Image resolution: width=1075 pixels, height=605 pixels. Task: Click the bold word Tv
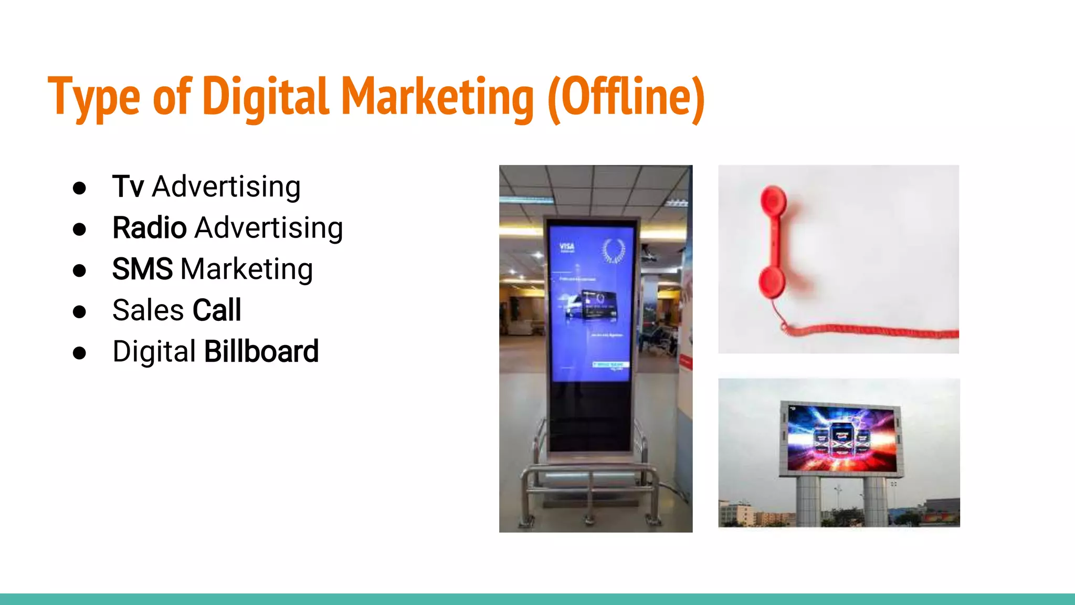(128, 186)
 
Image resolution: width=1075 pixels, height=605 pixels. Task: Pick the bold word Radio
(150, 228)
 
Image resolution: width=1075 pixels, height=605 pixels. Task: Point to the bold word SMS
(142, 269)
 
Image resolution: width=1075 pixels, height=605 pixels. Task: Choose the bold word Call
(217, 310)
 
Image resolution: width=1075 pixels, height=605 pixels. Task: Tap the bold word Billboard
(261, 351)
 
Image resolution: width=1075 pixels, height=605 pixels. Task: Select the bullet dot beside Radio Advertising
(80, 229)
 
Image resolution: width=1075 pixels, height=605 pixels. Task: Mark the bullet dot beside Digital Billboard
(80, 352)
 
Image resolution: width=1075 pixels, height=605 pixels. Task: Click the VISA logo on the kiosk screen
(567, 247)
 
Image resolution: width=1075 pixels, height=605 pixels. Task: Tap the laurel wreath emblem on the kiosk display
(613, 251)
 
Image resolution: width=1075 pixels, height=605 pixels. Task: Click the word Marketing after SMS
(247, 269)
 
